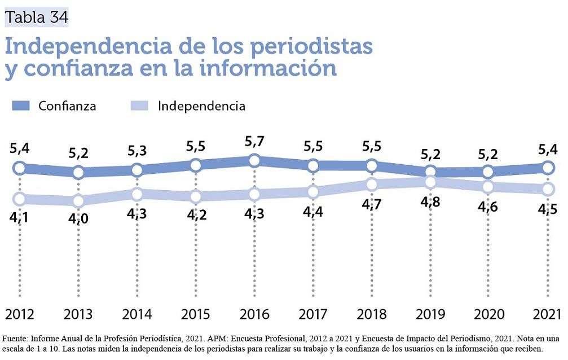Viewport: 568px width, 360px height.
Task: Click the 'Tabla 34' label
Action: pos(36,17)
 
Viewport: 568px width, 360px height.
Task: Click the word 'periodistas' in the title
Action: pos(310,46)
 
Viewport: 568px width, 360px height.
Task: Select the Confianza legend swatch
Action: pos(20,106)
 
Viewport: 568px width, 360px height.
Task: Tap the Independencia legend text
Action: pos(201,106)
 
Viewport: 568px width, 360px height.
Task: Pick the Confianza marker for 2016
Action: pos(254,161)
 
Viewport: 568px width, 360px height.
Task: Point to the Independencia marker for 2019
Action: pos(430,182)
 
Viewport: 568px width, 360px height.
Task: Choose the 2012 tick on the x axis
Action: pos(20,314)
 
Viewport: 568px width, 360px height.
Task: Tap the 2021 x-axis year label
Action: pos(547,314)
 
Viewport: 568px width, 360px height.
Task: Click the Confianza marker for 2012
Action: pos(20,168)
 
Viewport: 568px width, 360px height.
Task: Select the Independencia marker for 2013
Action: pos(78,200)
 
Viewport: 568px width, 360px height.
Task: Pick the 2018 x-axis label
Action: pos(371,314)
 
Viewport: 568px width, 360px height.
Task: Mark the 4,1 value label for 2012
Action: pos(20,217)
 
